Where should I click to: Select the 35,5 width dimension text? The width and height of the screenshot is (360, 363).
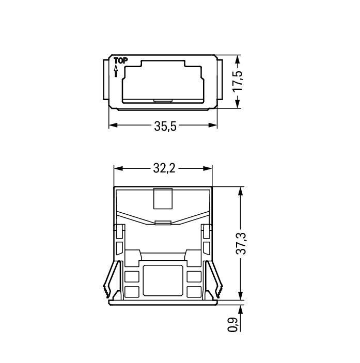coord(164,125)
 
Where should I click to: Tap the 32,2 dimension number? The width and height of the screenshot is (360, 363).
coord(164,168)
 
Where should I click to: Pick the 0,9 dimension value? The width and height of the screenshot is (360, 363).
coord(233,324)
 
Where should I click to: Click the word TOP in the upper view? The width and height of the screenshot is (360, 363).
coord(120,61)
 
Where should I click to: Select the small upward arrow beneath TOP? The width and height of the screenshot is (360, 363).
coord(116,71)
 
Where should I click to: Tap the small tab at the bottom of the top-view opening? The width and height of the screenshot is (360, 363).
coord(163,100)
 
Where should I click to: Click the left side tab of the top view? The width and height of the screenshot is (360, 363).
coord(104,80)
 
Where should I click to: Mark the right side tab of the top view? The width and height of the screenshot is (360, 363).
coord(220,80)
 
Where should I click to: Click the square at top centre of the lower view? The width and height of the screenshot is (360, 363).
coord(163,199)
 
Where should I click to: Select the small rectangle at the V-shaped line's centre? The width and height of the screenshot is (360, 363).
coord(163,223)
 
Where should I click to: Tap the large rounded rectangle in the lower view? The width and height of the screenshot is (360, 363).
coord(163,280)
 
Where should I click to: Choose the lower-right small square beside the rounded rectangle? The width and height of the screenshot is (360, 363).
coord(194,291)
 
